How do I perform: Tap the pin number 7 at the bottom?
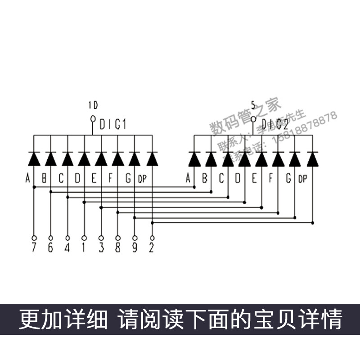[x=34, y=248]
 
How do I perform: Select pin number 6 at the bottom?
[x=50, y=248]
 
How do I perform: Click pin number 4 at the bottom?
[x=67, y=248]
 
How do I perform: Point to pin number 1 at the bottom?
[x=84, y=248]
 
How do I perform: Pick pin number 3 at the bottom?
[x=101, y=248]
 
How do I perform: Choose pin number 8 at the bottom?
[x=118, y=248]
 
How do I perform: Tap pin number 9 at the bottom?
[x=135, y=248]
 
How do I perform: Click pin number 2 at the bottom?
[x=152, y=248]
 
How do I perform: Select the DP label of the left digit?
[x=142, y=180]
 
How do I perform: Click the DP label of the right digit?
[x=302, y=180]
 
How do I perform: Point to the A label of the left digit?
[x=27, y=179]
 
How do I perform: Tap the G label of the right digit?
[x=288, y=179]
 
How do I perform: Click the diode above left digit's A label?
[x=34, y=159]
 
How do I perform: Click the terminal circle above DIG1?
[x=93, y=119]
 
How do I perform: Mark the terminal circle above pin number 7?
[x=34, y=238]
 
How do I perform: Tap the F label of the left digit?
[x=110, y=179]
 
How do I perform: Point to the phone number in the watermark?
[x=306, y=128]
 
